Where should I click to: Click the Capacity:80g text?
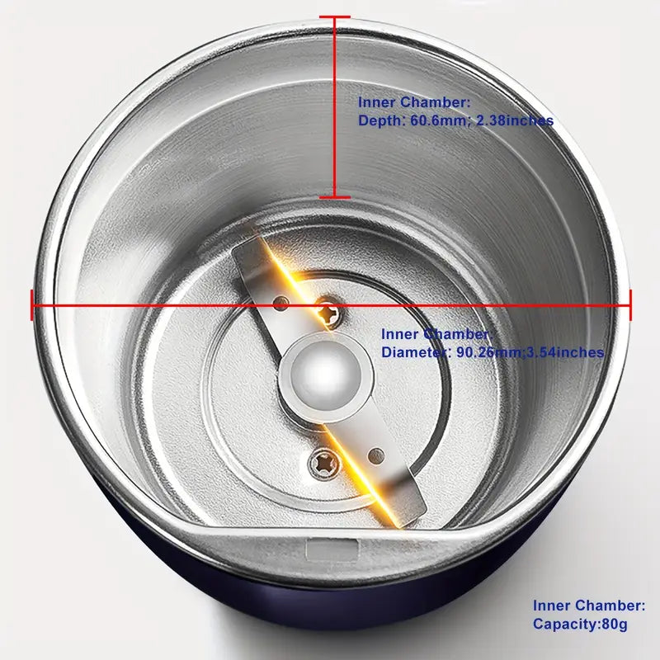tap(580, 625)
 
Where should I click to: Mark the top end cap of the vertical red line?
tap(334, 17)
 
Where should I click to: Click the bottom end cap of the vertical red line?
tap(334, 196)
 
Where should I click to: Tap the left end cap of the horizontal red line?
tap(33, 304)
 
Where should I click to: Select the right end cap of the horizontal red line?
tap(630, 304)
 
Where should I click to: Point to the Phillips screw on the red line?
tap(329, 313)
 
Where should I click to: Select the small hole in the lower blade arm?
tap(376, 453)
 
